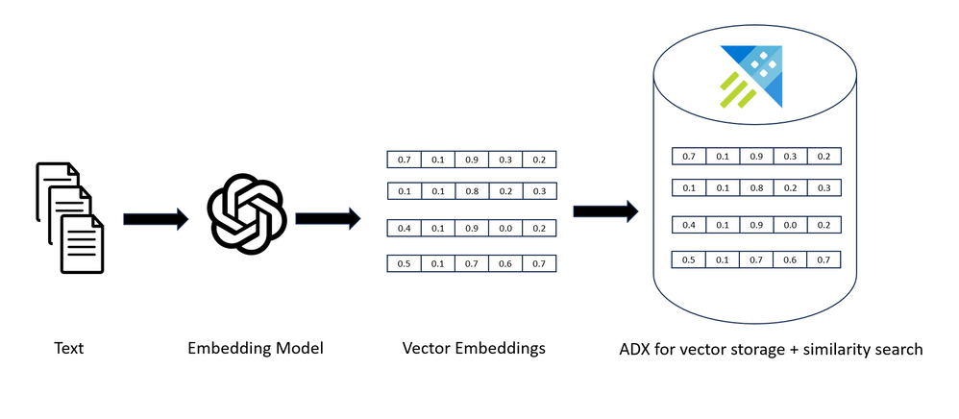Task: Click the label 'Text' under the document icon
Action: [68, 348]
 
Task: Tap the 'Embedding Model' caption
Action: [255, 348]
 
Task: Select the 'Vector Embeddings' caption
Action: [474, 348]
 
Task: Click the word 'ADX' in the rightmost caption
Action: [638, 349]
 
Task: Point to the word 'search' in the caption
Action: [896, 349]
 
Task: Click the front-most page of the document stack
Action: [83, 244]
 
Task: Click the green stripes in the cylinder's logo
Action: [736, 88]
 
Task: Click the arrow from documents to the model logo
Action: [155, 220]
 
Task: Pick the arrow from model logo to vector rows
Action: [327, 219]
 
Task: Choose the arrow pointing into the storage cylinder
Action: [606, 211]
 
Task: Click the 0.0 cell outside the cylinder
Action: [504, 229]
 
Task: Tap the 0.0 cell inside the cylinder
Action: [790, 224]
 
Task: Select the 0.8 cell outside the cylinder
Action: [471, 191]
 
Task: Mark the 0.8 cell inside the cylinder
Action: [756, 187]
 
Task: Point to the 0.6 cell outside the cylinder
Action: [504, 263]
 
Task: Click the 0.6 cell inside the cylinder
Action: [790, 259]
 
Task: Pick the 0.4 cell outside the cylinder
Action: [404, 229]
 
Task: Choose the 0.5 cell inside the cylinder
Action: [688, 259]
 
